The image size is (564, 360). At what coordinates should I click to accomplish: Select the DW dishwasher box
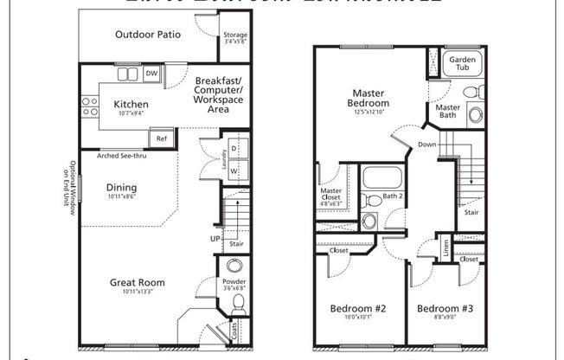tap(151, 74)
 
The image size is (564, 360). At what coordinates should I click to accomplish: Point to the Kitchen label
tap(131, 105)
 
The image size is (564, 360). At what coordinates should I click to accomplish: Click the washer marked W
tap(234, 170)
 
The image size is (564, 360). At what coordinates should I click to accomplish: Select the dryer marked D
tap(234, 149)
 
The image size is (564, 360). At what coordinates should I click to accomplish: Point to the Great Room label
tap(137, 282)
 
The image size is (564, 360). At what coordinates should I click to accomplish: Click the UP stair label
tap(215, 237)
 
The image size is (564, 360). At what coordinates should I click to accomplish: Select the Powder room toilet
tap(239, 302)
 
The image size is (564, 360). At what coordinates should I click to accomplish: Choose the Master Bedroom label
tap(373, 99)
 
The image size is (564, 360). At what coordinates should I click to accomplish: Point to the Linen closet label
tap(445, 248)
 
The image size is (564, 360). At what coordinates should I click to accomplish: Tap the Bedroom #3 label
tap(443, 309)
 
